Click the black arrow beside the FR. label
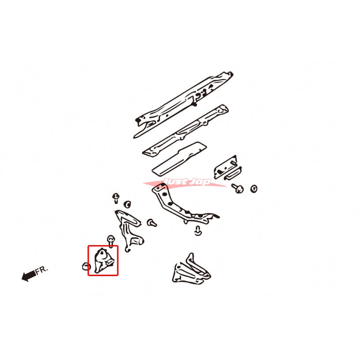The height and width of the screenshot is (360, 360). pyautogui.click(x=28, y=275)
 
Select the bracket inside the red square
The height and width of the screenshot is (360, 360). pyautogui.click(x=103, y=261)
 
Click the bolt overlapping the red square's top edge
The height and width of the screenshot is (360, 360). pyautogui.click(x=111, y=241)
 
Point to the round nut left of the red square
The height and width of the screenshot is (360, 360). pyautogui.click(x=86, y=266)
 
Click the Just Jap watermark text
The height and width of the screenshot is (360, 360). pyautogui.click(x=187, y=182)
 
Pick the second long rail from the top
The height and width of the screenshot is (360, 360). pyautogui.click(x=185, y=131)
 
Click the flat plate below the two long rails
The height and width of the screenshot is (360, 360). pyautogui.click(x=179, y=159)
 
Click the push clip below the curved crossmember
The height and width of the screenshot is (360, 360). pyautogui.click(x=198, y=231)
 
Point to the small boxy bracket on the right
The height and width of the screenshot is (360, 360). pyautogui.click(x=227, y=168)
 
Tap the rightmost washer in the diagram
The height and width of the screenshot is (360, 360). pyautogui.click(x=254, y=189)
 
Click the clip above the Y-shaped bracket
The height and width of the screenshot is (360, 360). pyautogui.click(x=116, y=198)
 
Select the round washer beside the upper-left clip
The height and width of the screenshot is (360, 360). pyautogui.click(x=127, y=205)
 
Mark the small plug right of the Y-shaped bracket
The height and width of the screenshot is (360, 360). pyautogui.click(x=152, y=223)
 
